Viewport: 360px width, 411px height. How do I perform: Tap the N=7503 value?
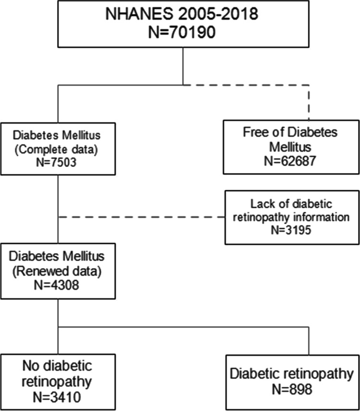(58, 162)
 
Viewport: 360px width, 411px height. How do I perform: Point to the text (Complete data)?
(58, 149)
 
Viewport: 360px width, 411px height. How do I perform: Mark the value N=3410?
(58, 397)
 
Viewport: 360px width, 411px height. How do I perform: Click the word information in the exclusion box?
(323, 217)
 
